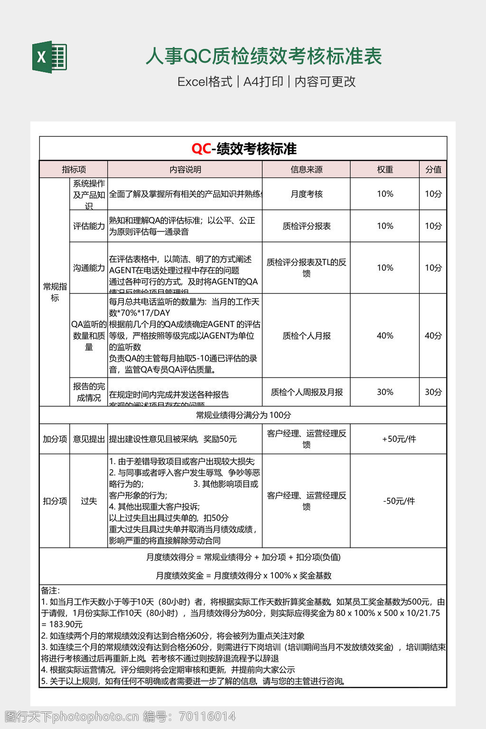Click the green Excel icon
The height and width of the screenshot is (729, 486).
tap(49, 57)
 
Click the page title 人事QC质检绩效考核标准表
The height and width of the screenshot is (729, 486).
tap(263, 56)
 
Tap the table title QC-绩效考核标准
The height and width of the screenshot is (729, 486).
tap(244, 149)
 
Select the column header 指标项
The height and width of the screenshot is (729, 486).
tap(74, 169)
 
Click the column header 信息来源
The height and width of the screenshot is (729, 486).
tap(306, 169)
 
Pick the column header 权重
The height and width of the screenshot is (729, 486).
tap(385, 169)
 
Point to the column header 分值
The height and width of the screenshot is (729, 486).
tap(433, 169)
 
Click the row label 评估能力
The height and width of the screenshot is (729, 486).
tap(89, 226)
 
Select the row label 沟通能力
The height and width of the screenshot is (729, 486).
tap(89, 268)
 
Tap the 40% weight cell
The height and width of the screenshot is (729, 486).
tap(385, 336)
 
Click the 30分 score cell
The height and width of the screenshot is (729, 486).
tap(433, 392)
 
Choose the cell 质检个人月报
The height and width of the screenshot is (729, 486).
tap(306, 336)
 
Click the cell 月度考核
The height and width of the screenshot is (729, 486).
tap(306, 194)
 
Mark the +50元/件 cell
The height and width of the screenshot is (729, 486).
tap(399, 439)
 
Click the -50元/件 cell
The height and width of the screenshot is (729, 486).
tap(399, 501)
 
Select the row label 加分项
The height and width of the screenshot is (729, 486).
tap(55, 439)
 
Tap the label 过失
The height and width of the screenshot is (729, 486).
tap(89, 501)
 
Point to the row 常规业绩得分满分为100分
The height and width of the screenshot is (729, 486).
tap(243, 415)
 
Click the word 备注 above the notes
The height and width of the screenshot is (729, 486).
tap(50, 590)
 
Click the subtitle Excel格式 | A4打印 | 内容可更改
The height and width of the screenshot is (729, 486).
tap(266, 82)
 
